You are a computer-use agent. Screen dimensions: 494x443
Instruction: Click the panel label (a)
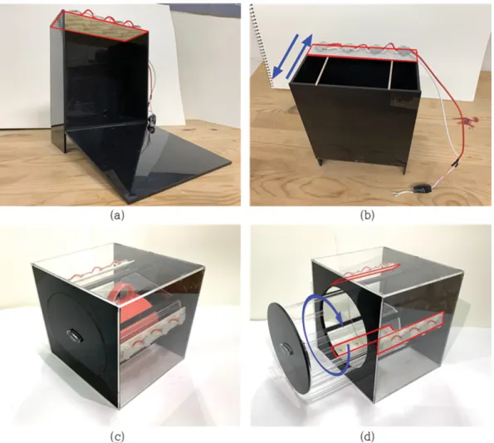pos(117,215)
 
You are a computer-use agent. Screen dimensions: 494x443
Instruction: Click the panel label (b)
pos(367,215)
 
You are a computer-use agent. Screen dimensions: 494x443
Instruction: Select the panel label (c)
pos(117,436)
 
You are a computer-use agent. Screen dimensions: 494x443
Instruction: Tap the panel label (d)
pos(367,436)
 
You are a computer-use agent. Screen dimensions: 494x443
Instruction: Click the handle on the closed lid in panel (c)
pos(75,336)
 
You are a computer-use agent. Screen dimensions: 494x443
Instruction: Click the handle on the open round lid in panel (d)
pos(286,349)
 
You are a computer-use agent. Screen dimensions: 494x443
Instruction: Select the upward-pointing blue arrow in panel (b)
pos(300,55)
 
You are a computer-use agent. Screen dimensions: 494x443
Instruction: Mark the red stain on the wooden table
pos(465,122)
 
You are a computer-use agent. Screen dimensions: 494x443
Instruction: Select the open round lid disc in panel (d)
pos(287,349)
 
